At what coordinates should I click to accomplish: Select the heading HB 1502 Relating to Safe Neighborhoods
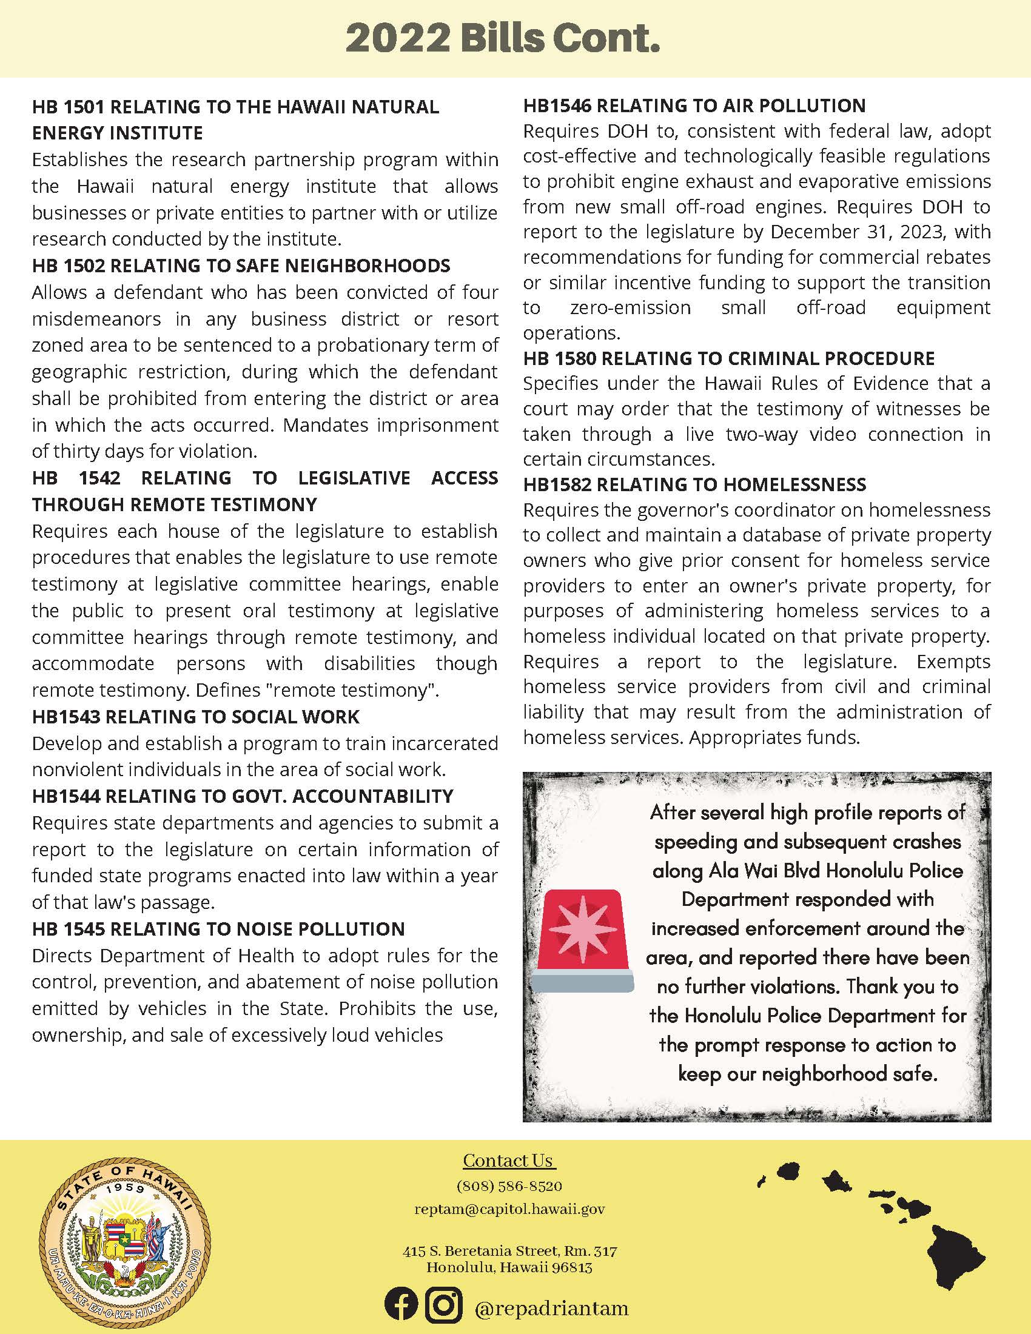click(241, 266)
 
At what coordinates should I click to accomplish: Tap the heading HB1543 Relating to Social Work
click(196, 717)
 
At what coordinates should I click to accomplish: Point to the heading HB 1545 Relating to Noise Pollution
click(219, 929)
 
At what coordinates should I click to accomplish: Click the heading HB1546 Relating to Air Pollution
click(694, 106)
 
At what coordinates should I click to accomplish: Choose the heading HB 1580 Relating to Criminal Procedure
click(728, 358)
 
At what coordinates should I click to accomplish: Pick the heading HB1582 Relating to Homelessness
click(694, 484)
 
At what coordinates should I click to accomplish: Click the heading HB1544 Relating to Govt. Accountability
click(243, 796)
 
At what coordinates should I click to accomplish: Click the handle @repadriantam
click(551, 1309)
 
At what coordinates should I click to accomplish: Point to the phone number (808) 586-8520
click(509, 1186)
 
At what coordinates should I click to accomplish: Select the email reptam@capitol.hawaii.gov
click(509, 1210)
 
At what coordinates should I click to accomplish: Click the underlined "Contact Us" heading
click(508, 1161)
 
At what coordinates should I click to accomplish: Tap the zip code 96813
click(572, 1267)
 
